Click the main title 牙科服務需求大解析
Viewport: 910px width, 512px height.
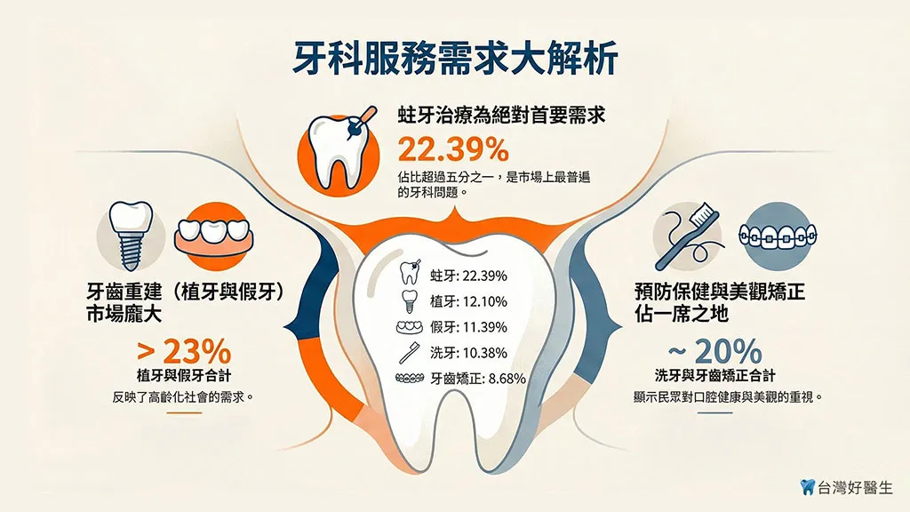(455, 59)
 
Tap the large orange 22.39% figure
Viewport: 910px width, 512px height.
(453, 149)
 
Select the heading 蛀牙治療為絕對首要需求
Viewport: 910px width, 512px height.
(501, 115)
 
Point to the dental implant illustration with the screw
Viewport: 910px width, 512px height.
(132, 235)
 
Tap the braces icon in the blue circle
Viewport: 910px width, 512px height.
(778, 235)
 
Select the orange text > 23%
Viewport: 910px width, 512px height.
(184, 351)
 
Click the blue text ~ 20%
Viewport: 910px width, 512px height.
(715, 351)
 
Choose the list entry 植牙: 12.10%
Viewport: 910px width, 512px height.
(468, 301)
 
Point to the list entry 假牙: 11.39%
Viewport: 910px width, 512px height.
(468, 327)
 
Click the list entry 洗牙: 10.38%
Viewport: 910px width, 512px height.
(468, 352)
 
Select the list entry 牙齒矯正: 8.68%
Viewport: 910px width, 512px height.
(477, 379)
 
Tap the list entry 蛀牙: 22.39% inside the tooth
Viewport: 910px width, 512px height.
(468, 276)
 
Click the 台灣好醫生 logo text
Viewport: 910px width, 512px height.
(855, 488)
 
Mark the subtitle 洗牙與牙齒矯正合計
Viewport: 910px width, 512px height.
(715, 376)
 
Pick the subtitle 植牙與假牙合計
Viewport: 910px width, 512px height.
(184, 376)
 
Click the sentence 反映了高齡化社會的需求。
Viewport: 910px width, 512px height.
(183, 397)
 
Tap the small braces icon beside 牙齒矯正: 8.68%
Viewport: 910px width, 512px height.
(410, 378)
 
